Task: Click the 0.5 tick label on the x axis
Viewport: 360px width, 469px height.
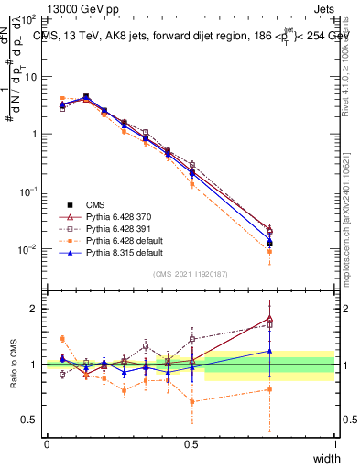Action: pyautogui.click(x=191, y=443)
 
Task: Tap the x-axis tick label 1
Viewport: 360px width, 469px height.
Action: pyautogui.click(x=335, y=443)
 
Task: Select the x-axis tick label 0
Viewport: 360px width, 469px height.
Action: pyautogui.click(x=47, y=443)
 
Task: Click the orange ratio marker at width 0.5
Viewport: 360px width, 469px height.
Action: pyautogui.click(x=191, y=401)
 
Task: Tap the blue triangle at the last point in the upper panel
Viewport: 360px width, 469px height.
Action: pyautogui.click(x=269, y=243)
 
